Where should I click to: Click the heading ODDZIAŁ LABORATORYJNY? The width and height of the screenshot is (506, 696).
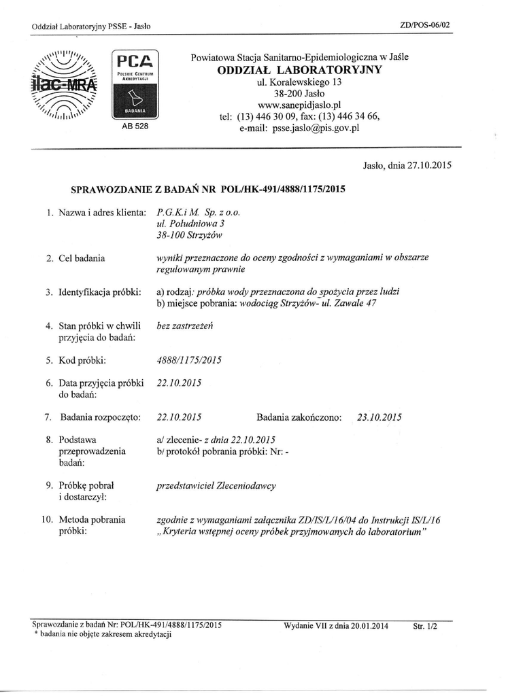click(299, 70)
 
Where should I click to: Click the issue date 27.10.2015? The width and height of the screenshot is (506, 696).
click(428, 164)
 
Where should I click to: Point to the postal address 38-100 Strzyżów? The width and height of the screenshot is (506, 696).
click(190, 235)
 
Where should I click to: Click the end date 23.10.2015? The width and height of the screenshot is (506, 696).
click(379, 417)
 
